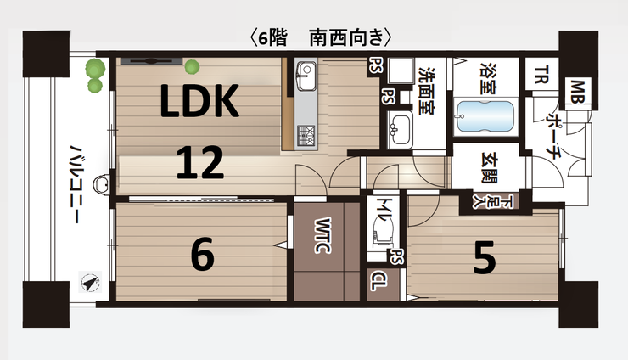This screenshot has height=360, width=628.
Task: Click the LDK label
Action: [199, 101]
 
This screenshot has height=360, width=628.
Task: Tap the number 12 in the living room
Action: [199, 162]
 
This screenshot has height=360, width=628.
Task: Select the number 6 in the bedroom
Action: [203, 254]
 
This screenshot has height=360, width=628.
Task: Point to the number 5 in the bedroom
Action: [485, 257]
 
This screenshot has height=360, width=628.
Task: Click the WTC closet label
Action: [322, 236]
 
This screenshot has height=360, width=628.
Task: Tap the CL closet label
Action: [378, 281]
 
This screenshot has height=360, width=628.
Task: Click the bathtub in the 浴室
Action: [485, 115]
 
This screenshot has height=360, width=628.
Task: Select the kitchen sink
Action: [306, 76]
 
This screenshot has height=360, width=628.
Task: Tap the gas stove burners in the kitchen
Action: [306, 136]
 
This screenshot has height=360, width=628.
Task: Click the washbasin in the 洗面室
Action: [400, 129]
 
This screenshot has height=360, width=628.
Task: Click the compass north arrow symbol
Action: [90, 283]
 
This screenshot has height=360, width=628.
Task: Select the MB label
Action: [578, 92]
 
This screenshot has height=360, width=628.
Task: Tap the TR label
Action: [541, 75]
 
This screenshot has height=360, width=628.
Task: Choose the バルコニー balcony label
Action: [75, 184]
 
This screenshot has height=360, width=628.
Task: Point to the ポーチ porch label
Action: [553, 137]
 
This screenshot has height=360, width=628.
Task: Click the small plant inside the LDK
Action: [192, 66]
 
